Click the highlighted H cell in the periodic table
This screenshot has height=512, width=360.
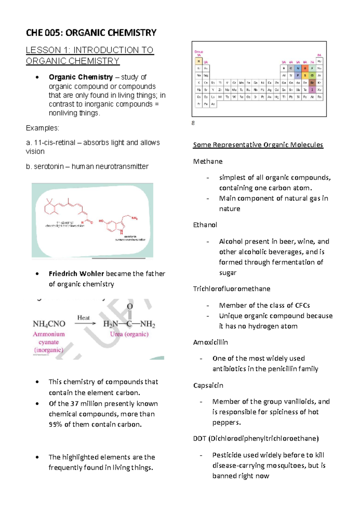pos(199,62)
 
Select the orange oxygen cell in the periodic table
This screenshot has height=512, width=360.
pos(305,68)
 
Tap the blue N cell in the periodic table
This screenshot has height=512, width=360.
pos(298,68)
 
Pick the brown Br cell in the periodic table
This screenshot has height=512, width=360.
pos(312,83)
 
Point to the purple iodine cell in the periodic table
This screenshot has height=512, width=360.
pos(312,90)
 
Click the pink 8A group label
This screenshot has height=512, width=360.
pos(319,55)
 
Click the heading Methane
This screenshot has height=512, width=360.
pos(208,161)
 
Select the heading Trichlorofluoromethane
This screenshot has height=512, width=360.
pos(232,289)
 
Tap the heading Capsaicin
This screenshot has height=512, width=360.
pos(208,385)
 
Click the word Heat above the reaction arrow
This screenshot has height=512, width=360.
pos(83,318)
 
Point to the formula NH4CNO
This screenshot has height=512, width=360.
pos(49,324)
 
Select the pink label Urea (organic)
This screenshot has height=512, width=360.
pos(129,334)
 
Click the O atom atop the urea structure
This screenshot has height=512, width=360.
pos(130,306)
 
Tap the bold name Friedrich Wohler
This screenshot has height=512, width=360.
pos(76,274)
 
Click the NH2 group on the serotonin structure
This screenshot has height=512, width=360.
pos(134,218)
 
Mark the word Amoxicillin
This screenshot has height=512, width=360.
pos(210,342)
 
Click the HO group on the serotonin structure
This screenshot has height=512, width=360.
pos(101,221)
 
